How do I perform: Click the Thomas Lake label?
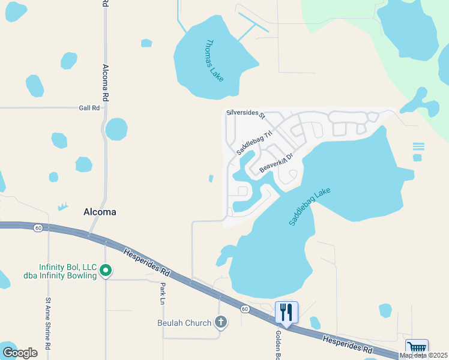point(214,61)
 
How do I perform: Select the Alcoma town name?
point(99,212)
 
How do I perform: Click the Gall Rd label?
point(89,107)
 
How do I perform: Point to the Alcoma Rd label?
point(105,82)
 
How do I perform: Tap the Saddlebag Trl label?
point(255,142)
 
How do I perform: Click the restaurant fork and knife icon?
point(286,313)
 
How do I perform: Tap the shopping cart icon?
point(417,348)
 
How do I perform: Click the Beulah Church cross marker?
point(220,323)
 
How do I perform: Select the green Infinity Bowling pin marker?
point(106,271)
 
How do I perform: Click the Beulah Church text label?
point(184,323)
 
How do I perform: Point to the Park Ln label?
point(163,293)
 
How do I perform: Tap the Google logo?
point(20,352)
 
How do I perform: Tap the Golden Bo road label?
point(279,344)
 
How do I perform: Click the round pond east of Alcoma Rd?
point(116,129)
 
